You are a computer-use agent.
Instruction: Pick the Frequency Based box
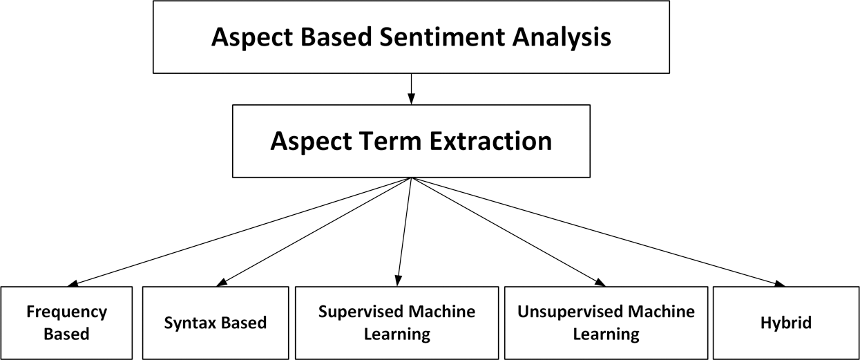tap(67, 323)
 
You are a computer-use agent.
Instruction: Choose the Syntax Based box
tap(215, 323)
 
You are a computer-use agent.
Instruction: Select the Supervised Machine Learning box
tap(396, 323)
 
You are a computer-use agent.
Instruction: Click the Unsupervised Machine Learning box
tap(606, 323)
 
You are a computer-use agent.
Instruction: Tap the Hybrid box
tap(785, 323)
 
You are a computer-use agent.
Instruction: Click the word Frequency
tap(67, 312)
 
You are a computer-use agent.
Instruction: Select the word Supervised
tap(358, 312)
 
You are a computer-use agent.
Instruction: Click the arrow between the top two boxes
tap(411, 89)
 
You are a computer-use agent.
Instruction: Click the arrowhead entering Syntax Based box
tap(222, 282)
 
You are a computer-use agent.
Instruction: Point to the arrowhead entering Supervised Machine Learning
tap(398, 281)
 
